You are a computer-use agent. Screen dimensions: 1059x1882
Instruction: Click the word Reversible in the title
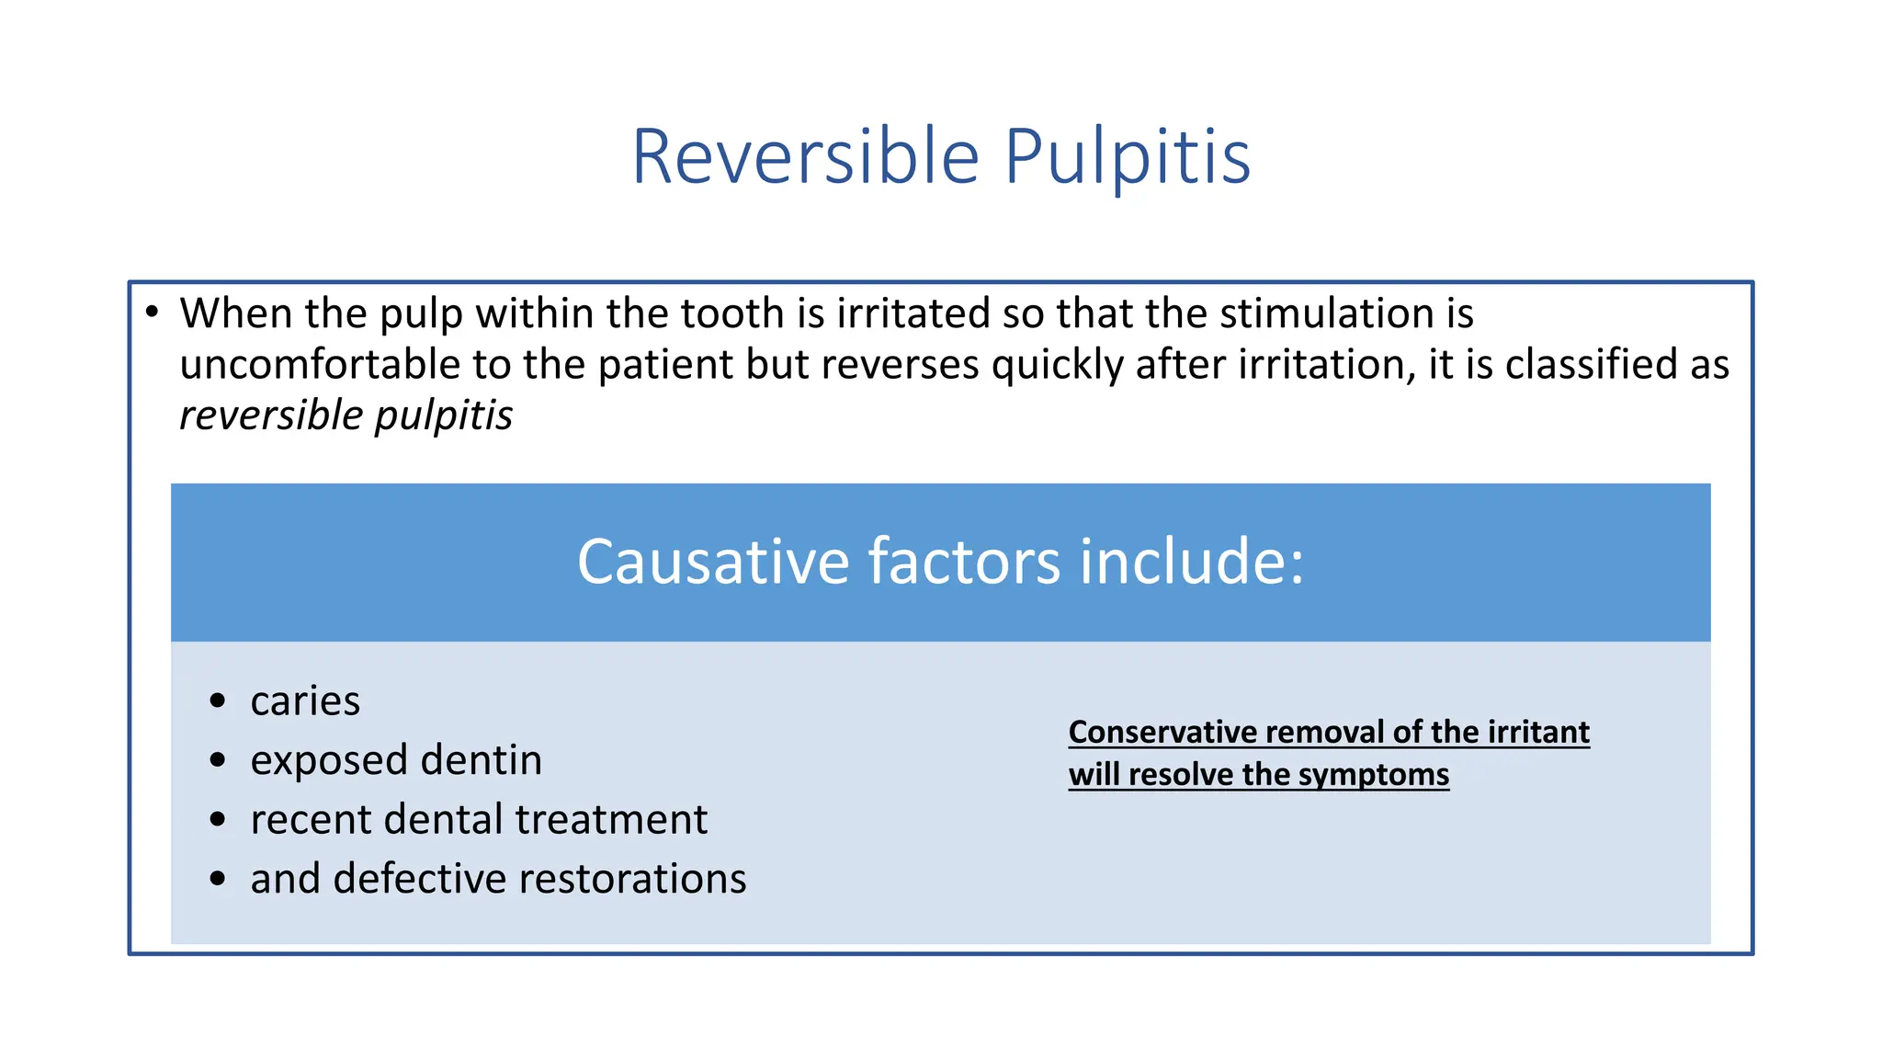[x=806, y=157]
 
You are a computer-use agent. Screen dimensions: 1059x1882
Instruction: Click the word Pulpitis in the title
[x=1127, y=157]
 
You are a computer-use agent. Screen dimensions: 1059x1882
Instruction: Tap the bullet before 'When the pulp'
[x=153, y=312]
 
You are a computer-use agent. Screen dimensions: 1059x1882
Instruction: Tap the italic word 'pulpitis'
[x=444, y=416]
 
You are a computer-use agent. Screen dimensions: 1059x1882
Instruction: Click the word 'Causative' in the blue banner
[x=713, y=562]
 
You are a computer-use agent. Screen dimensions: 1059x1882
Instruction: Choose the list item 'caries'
[x=305, y=701]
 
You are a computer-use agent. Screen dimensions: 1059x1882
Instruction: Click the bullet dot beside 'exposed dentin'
[x=218, y=760]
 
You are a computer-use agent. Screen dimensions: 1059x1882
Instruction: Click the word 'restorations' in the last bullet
[x=632, y=879]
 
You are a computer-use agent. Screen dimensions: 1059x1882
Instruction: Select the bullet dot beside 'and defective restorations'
[x=218, y=879]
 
